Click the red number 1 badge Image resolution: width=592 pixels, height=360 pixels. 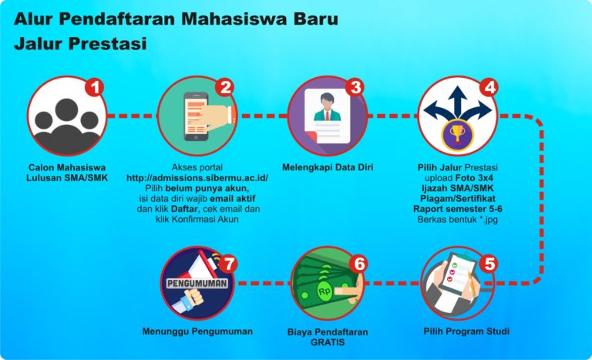(x=93, y=86)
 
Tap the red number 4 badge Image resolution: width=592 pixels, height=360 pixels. (x=489, y=86)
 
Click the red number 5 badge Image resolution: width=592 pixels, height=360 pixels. (x=487, y=264)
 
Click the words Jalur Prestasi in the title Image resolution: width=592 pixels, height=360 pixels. (x=80, y=45)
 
